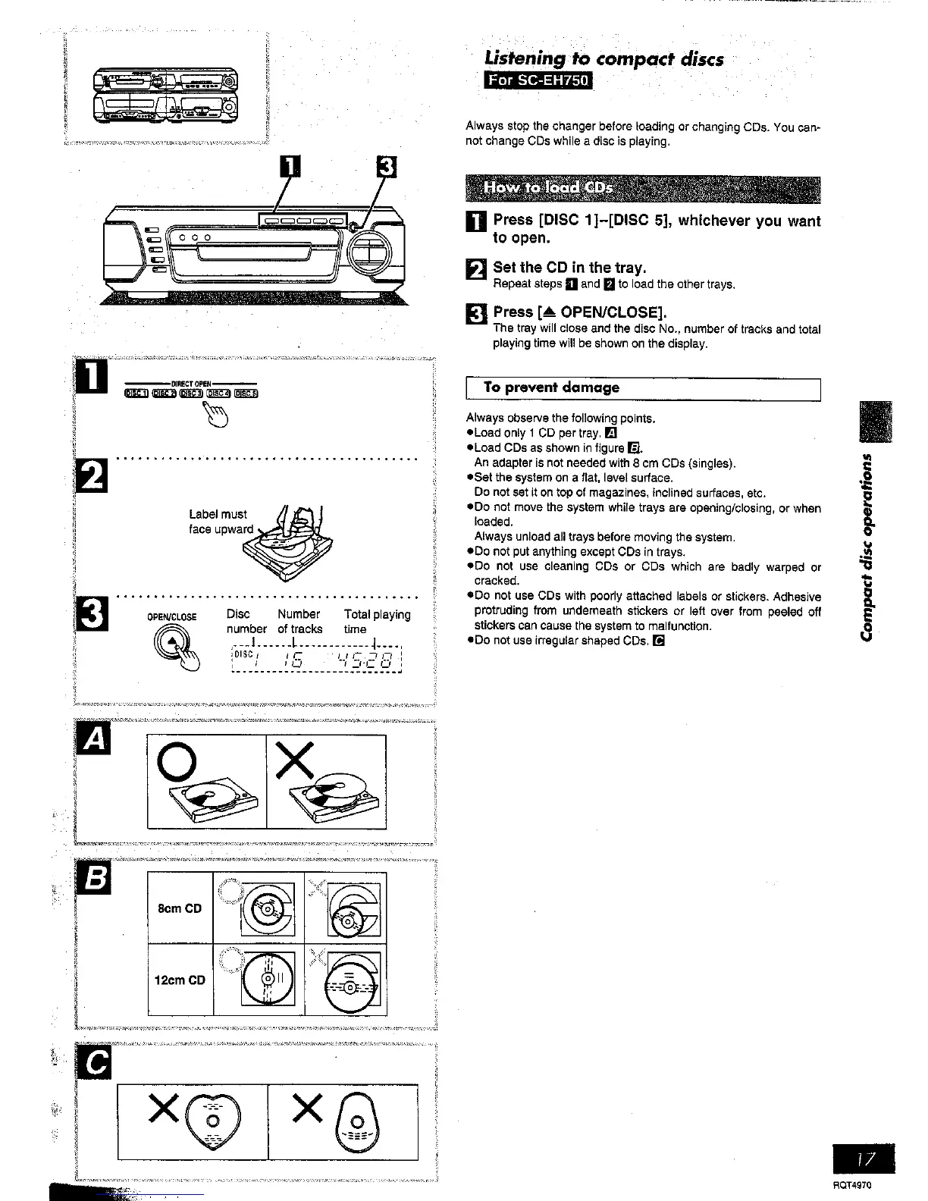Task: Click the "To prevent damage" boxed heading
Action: click(551, 387)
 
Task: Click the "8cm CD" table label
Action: click(180, 908)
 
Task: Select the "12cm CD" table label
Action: click(180, 980)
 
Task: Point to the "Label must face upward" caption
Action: click(219, 522)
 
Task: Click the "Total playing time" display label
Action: click(377, 622)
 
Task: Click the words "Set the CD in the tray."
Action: click(569, 268)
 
